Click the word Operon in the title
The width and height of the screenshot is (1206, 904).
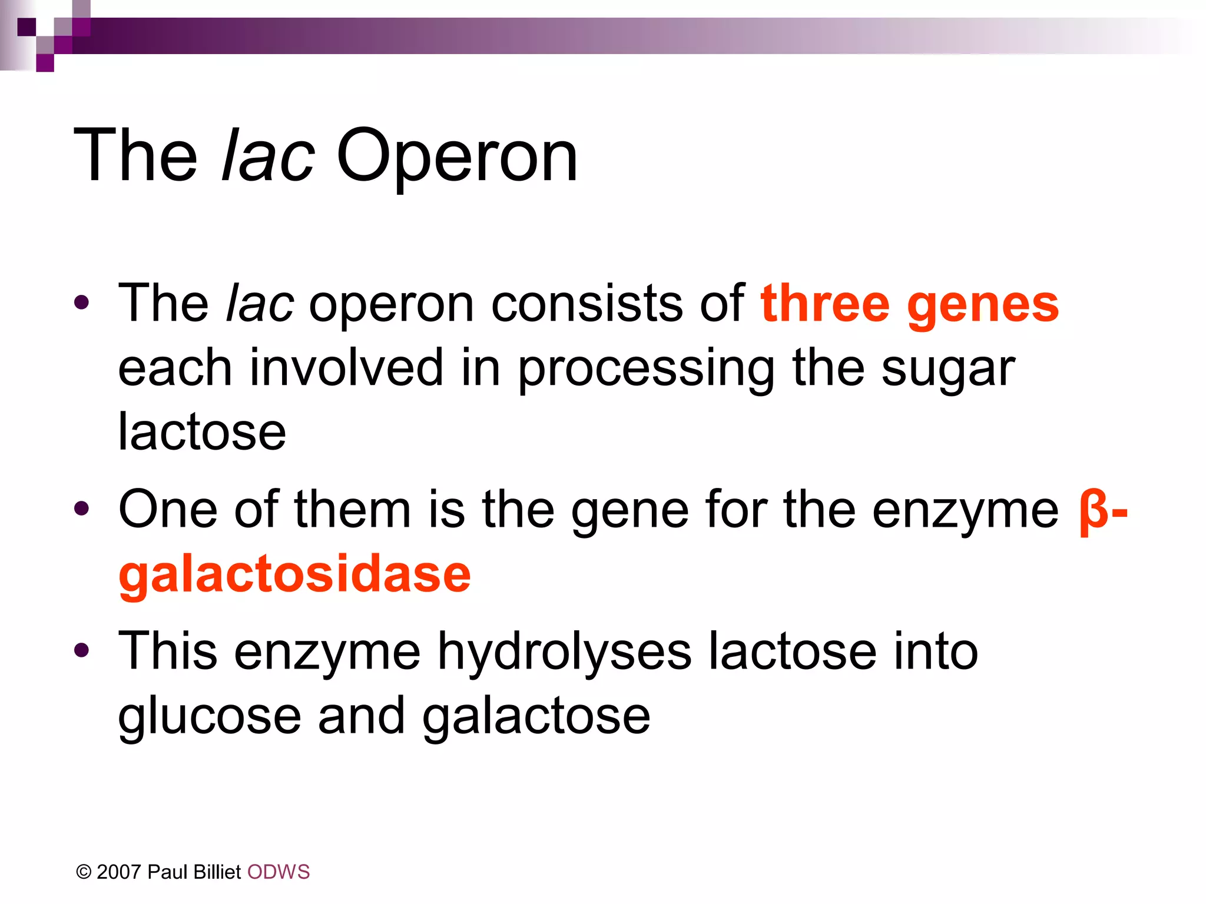(457, 157)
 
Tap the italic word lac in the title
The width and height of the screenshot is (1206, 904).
(268, 157)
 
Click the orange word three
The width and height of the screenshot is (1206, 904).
(824, 304)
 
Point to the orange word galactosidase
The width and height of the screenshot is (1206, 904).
(294, 576)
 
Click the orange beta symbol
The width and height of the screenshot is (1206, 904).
(1094, 511)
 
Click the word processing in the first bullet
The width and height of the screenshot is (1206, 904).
(646, 370)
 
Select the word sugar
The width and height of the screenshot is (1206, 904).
(948, 370)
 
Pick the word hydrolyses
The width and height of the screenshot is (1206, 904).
(564, 652)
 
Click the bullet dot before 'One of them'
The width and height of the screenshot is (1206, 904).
(82, 508)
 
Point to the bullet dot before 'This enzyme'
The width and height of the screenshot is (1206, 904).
(82, 650)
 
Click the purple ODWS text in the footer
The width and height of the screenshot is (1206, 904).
(278, 872)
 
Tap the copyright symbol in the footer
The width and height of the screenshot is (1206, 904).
(84, 872)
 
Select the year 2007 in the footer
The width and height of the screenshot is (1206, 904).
(120, 872)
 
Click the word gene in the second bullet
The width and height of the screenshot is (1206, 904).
(629, 511)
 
